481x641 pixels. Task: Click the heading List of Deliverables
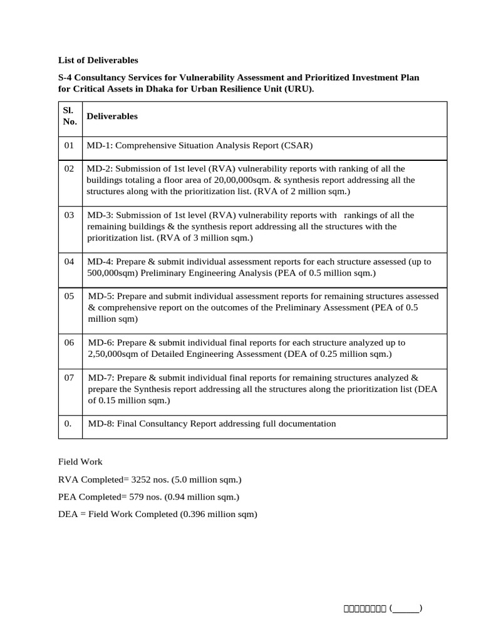[98, 61]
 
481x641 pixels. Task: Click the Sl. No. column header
[70, 116]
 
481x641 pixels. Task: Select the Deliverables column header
[112, 116]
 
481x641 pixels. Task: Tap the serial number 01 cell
[70, 146]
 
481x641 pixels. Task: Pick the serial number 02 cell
[70, 169]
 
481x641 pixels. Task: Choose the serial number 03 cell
[70, 215]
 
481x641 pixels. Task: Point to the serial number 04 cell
[70, 262]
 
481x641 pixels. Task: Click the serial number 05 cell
[70, 296]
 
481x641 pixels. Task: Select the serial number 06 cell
[70, 343]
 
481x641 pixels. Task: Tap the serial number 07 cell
[70, 378]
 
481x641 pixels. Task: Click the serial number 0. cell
[68, 424]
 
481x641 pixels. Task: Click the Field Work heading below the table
[80, 462]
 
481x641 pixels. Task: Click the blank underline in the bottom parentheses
[406, 608]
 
